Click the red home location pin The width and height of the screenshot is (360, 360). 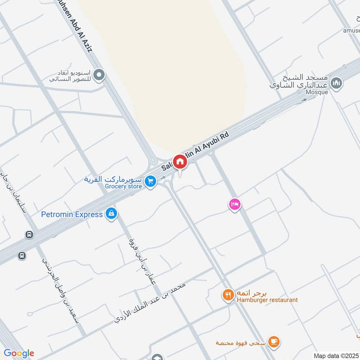tap(180, 162)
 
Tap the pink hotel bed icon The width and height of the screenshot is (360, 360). tap(234, 204)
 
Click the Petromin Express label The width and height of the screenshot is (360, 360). tap(72, 214)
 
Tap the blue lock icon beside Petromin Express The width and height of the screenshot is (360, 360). tap(111, 214)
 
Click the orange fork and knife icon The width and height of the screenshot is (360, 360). tap(228, 295)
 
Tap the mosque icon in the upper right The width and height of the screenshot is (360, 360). tap(336, 83)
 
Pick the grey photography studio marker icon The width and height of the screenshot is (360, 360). tap(99, 75)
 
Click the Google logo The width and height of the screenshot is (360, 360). tap(19, 353)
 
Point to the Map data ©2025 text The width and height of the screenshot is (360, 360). tap(336, 355)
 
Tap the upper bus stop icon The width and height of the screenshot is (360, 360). tap(29, 234)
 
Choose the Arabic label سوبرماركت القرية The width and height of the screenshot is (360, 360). tap(113, 179)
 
